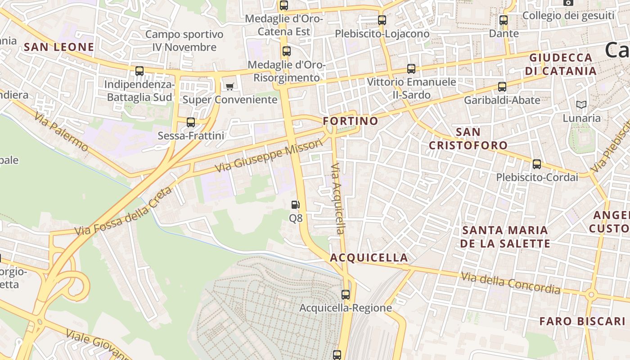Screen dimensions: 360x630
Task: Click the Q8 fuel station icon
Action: pyautogui.click(x=295, y=205)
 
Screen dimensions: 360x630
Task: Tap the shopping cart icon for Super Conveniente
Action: pyautogui.click(x=230, y=86)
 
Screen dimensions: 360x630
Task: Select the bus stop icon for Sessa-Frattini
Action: pyautogui.click(x=191, y=122)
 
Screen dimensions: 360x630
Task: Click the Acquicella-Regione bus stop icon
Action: pyautogui.click(x=346, y=295)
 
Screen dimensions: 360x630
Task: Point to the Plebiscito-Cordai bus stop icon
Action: pyautogui.click(x=536, y=164)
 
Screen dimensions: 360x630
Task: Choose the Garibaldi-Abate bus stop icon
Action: pyautogui.click(x=502, y=87)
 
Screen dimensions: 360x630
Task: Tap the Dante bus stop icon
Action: pyautogui.click(x=504, y=20)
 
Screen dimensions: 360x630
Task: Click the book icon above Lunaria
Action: pyautogui.click(x=581, y=105)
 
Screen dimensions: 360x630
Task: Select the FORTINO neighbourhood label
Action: pyautogui.click(x=351, y=121)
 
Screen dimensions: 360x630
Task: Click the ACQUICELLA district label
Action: pyautogui.click(x=369, y=258)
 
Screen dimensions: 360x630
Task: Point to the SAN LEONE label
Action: pyautogui.click(x=59, y=47)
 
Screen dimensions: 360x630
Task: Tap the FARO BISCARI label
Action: pyautogui.click(x=582, y=321)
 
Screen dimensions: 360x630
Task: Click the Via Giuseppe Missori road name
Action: pyautogui.click(x=269, y=156)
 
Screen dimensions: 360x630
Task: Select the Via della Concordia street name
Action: pyautogui.click(x=510, y=283)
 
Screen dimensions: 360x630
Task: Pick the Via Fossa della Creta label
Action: pyautogui.click(x=123, y=211)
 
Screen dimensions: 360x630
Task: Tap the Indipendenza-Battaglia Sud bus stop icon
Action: pyautogui.click(x=139, y=71)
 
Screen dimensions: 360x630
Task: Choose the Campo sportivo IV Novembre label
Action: pyautogui.click(x=184, y=40)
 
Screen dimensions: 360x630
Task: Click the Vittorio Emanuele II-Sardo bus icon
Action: pyautogui.click(x=411, y=68)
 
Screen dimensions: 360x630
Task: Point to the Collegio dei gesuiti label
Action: pyautogui.click(x=568, y=16)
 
